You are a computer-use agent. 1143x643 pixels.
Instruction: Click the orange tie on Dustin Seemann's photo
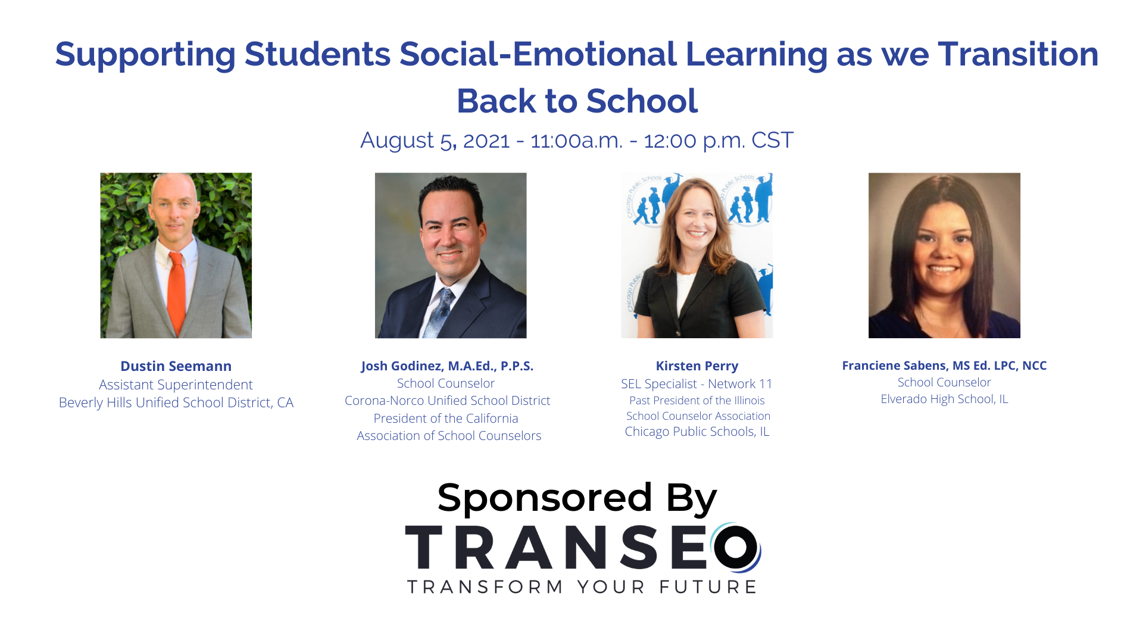176,292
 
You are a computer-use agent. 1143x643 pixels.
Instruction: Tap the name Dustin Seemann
176,366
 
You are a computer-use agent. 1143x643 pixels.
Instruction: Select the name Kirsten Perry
697,366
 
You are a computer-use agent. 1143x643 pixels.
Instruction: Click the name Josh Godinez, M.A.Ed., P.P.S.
447,366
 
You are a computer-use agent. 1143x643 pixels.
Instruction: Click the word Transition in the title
1018,54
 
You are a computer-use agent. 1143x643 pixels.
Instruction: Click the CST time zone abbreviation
772,141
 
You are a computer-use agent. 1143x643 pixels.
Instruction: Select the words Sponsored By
577,498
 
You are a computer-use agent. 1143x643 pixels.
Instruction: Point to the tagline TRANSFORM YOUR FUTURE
582,587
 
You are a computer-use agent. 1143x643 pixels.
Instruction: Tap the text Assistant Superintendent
176,385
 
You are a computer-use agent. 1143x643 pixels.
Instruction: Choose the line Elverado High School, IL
944,399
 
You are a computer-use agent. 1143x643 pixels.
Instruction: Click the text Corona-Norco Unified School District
447,401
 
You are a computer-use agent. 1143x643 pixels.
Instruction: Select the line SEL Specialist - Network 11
697,384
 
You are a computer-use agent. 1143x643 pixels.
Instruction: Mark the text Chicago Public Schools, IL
697,432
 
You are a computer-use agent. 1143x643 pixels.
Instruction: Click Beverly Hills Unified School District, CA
176,402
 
